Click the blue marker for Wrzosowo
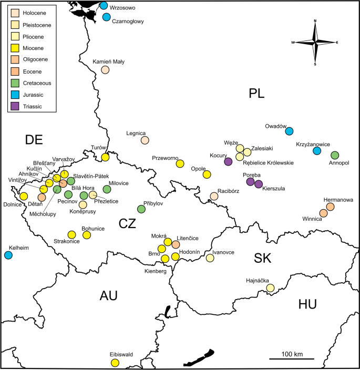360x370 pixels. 104,6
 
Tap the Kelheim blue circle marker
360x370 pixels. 8,255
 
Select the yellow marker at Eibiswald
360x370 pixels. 115,363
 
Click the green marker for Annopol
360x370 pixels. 335,155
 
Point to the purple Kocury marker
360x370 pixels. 228,162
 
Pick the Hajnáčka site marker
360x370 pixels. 270,288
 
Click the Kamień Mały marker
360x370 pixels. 105,70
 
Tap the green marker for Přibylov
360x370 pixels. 141,209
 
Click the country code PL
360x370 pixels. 256,94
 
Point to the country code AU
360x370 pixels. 108,296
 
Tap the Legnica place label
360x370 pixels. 136,133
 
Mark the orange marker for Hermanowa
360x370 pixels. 330,207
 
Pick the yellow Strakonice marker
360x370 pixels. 72,234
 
